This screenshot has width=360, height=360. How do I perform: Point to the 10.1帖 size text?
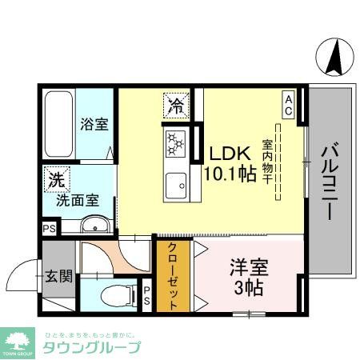coord(230,173)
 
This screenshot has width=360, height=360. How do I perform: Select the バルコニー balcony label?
coord(330,181)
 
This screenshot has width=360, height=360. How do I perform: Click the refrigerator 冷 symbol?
coord(176,104)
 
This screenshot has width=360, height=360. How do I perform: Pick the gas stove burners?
coord(176,143)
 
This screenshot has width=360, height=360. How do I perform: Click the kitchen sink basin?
coord(176,189)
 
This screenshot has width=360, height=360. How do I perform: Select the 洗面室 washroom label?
coord(77,200)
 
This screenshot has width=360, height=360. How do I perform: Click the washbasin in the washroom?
coord(94,225)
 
